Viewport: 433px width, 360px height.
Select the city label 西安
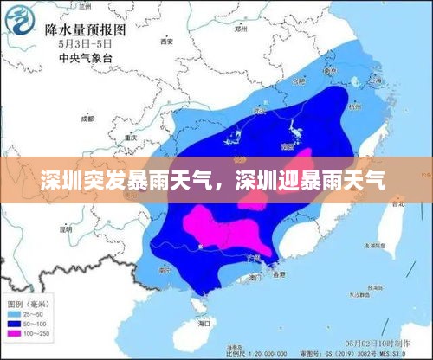pos(166,41)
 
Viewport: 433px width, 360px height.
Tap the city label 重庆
pos(131,137)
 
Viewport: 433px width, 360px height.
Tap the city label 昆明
pos(66,229)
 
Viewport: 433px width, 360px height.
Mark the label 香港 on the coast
pos(275,274)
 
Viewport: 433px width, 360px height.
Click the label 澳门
pos(255,279)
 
